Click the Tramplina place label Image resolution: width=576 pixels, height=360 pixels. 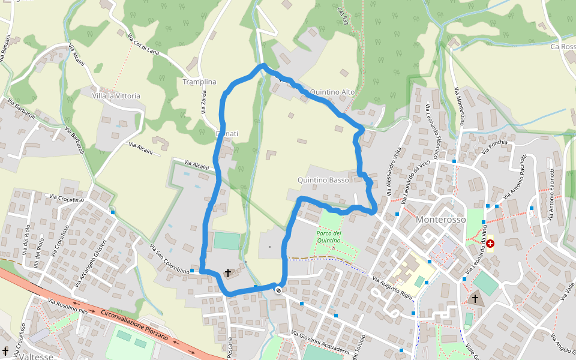[x=199, y=82]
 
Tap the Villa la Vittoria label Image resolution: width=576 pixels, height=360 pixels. [x=116, y=95]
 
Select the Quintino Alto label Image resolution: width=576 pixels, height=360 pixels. [x=332, y=92]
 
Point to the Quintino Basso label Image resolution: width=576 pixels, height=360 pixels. [x=323, y=180]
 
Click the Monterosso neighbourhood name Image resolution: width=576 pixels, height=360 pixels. [x=440, y=220]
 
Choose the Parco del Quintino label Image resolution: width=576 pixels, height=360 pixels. [x=329, y=236]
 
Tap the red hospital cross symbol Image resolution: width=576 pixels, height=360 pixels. [x=490, y=243]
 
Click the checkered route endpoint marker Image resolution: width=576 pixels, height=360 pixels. [x=278, y=290]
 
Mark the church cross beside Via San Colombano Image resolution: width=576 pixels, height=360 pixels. [x=227, y=273]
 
